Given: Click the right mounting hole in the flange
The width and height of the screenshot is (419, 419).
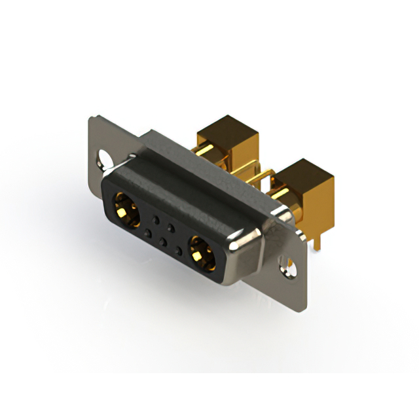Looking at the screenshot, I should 287,265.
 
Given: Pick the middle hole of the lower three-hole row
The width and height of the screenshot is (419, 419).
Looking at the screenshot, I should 163,240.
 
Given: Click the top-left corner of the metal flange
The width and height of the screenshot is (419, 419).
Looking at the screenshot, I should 92,118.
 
